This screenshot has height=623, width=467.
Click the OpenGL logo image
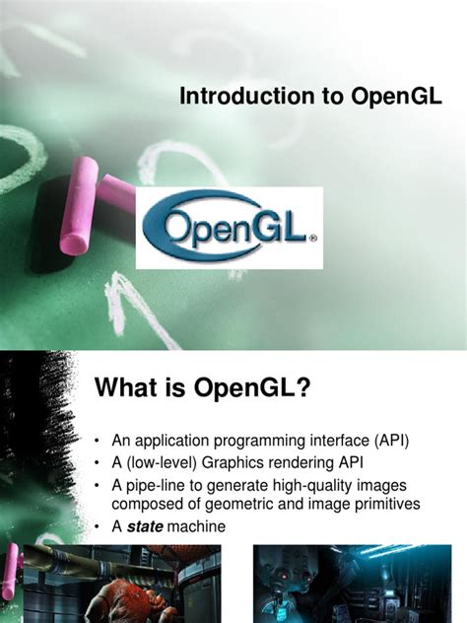229,229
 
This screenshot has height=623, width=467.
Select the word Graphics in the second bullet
242,462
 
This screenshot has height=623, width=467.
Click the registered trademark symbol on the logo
313,238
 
